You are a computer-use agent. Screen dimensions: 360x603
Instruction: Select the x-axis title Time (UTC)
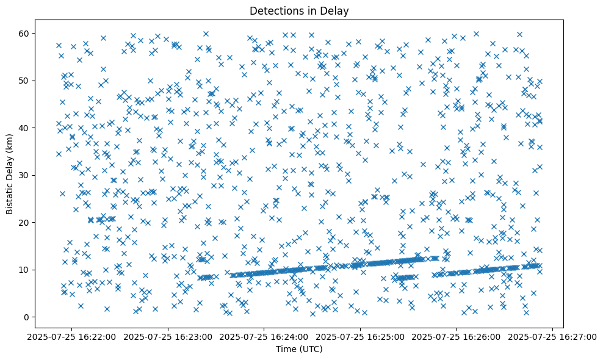point(299,350)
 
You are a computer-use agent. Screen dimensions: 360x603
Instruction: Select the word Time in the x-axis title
point(286,350)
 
